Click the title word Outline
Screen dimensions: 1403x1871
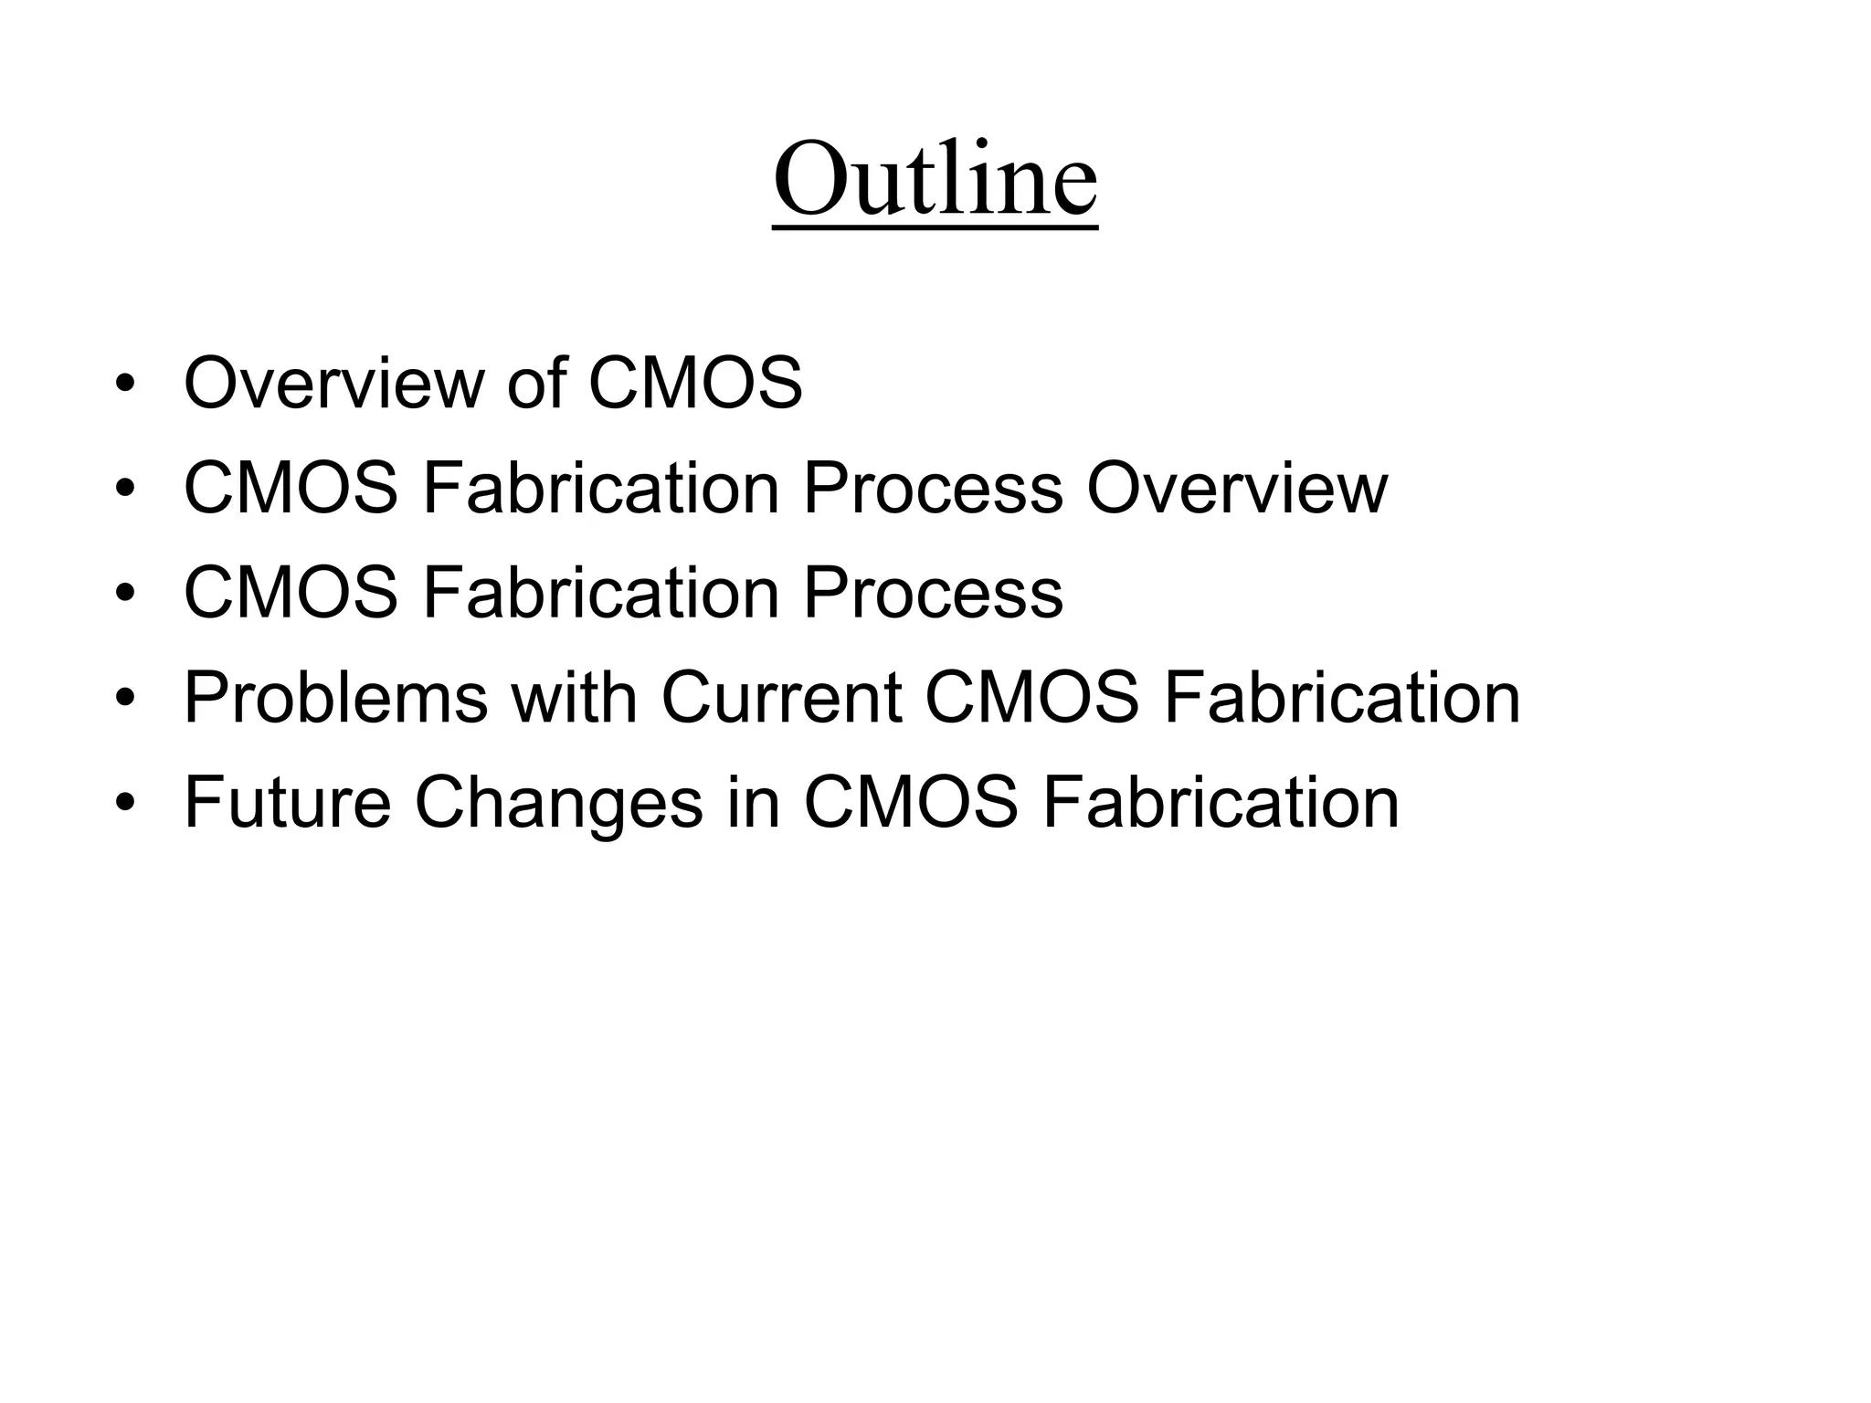coord(935,179)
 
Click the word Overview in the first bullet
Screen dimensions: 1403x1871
coord(334,383)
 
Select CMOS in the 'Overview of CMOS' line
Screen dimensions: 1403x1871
coord(695,383)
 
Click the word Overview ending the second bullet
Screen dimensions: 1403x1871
coord(1237,488)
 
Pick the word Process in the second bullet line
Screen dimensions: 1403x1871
coord(933,488)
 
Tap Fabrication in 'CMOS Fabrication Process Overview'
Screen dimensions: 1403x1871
coord(600,488)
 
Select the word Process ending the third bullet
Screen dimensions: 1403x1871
coord(933,593)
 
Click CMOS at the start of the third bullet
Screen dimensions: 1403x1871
coord(291,593)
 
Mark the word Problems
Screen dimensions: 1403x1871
coord(335,698)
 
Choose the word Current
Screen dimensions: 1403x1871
coord(781,698)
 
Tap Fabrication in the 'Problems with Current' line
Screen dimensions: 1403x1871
coord(1342,698)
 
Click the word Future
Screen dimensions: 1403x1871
coord(288,803)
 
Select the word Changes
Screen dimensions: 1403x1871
coord(558,803)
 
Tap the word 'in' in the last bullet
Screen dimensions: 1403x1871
coord(754,803)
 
